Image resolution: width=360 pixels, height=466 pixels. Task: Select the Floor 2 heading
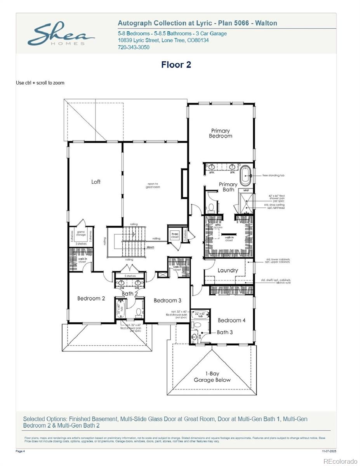tap(176, 65)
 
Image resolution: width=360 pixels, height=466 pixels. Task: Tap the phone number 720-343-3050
tap(133, 47)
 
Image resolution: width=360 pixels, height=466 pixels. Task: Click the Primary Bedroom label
tap(220, 133)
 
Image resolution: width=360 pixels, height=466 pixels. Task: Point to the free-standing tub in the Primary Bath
tap(245, 176)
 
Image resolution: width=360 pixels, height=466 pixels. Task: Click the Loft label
tap(96, 182)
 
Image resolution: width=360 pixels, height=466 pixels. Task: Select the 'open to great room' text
tap(153, 185)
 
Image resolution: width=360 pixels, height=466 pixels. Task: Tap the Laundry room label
tap(228, 270)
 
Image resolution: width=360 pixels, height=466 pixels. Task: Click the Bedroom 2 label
tap(91, 299)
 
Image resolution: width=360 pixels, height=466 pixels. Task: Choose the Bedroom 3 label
tap(167, 300)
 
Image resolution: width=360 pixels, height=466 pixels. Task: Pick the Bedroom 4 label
tap(231, 320)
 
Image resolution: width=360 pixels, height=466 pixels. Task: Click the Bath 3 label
tap(224, 332)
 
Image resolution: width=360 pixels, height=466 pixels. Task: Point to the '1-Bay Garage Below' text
tap(212, 377)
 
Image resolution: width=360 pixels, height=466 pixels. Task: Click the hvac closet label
tap(174, 235)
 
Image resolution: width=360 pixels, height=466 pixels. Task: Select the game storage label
tap(81, 234)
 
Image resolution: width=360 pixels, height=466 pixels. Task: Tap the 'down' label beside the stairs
tap(151, 247)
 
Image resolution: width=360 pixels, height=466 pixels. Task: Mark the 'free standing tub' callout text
tap(273, 176)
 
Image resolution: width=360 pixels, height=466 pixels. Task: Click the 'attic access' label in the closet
tap(218, 226)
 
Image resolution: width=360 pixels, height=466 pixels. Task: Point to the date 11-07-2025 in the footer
tap(329, 451)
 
